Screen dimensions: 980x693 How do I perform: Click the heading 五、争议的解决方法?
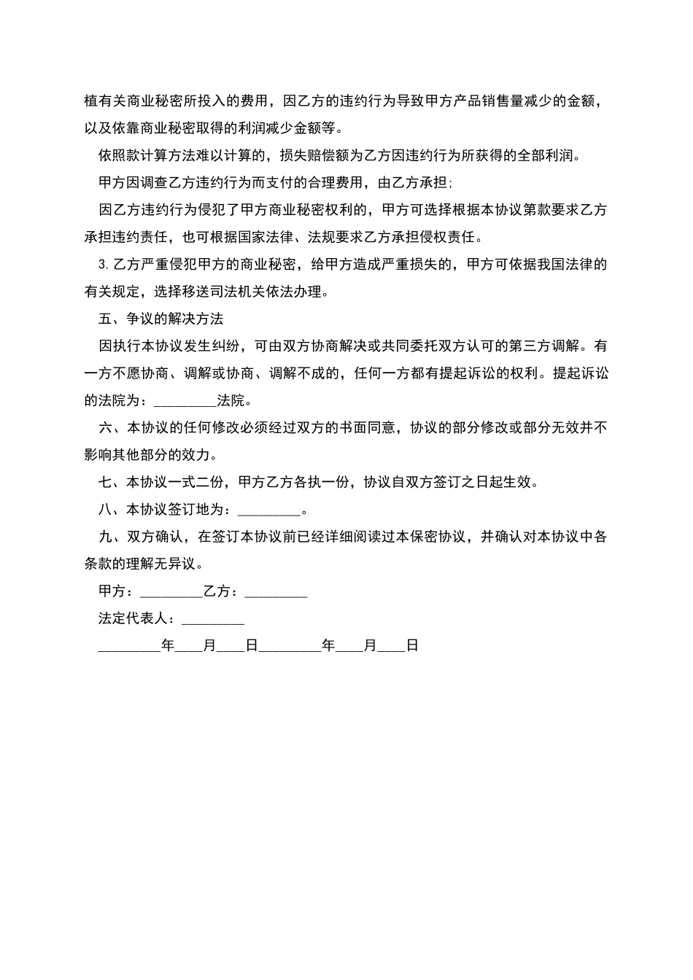160,319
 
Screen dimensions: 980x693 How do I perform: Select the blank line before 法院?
186,400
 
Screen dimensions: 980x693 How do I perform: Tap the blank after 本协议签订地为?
269,510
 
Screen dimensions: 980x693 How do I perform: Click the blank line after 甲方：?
171,591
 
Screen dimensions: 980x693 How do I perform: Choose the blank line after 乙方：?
276,591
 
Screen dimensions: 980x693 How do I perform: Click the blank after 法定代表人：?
213,618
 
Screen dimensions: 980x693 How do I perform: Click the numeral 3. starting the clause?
101,264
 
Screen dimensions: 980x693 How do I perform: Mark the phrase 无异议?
176,564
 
